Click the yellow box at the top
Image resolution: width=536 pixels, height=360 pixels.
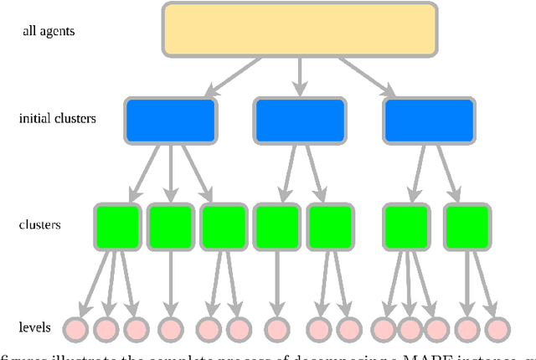[298, 29]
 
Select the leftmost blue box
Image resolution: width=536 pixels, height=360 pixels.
[170, 120]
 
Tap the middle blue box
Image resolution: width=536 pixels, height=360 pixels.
[300, 120]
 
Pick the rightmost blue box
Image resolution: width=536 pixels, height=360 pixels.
[429, 120]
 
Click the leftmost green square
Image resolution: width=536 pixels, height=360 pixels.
[117, 225]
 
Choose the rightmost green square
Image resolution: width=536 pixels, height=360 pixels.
[467, 225]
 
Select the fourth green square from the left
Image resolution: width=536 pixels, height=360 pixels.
[277, 225]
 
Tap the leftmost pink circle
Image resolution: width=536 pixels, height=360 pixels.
[77, 328]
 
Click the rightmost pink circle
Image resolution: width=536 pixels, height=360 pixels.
[497, 328]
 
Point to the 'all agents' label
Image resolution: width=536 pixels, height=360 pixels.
[49, 31]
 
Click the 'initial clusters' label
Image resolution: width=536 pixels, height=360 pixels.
[57, 119]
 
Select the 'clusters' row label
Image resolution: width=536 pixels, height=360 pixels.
[39, 225]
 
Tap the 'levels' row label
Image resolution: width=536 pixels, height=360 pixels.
[35, 327]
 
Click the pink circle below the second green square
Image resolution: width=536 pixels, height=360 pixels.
[170, 328]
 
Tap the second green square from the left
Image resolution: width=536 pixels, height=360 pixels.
[170, 225]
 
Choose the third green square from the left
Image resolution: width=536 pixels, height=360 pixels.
[224, 225]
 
